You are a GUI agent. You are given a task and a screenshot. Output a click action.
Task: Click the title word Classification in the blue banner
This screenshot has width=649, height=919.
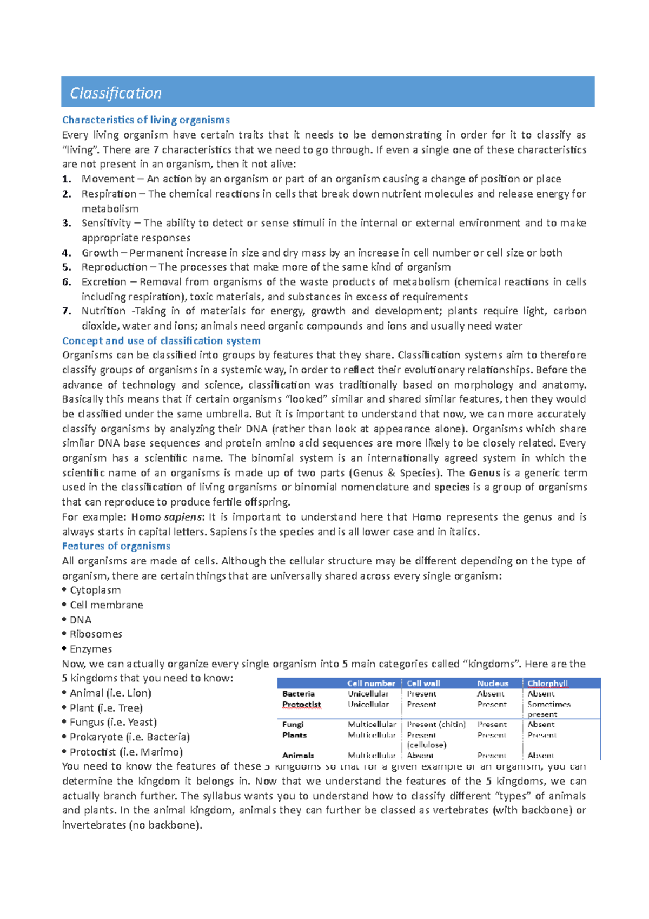click(x=116, y=93)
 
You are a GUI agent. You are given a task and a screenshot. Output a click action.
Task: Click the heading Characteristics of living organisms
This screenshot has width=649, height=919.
click(x=145, y=120)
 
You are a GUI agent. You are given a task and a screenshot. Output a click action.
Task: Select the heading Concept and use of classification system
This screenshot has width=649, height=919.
click(x=161, y=341)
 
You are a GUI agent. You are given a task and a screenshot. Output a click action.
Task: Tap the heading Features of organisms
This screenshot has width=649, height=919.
click(x=116, y=546)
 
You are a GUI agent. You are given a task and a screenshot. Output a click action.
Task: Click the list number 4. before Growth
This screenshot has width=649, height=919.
click(x=67, y=253)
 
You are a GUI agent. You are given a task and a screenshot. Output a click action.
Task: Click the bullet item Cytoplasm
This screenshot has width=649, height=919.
click(x=95, y=590)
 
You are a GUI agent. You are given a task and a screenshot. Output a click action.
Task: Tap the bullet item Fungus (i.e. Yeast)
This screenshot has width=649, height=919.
click(x=112, y=723)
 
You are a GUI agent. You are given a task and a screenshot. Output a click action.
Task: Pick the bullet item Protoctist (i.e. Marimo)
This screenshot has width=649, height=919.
click(x=126, y=752)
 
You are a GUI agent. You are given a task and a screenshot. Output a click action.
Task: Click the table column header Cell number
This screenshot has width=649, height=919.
click(x=371, y=684)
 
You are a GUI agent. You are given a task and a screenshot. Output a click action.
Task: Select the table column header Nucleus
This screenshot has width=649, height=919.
click(x=493, y=684)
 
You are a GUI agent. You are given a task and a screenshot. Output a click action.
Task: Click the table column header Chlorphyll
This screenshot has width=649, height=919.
click(x=547, y=684)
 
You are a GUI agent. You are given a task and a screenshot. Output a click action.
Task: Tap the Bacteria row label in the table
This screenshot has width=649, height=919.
click(x=298, y=694)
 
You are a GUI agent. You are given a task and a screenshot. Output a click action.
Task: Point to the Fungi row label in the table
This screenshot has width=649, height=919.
click(x=293, y=725)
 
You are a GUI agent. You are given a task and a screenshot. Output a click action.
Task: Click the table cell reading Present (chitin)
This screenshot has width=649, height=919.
click(x=436, y=725)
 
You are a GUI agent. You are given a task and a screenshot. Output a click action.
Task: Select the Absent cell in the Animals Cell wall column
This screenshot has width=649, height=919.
click(x=420, y=756)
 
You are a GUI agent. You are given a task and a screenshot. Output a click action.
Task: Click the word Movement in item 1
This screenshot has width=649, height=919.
click(x=108, y=179)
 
